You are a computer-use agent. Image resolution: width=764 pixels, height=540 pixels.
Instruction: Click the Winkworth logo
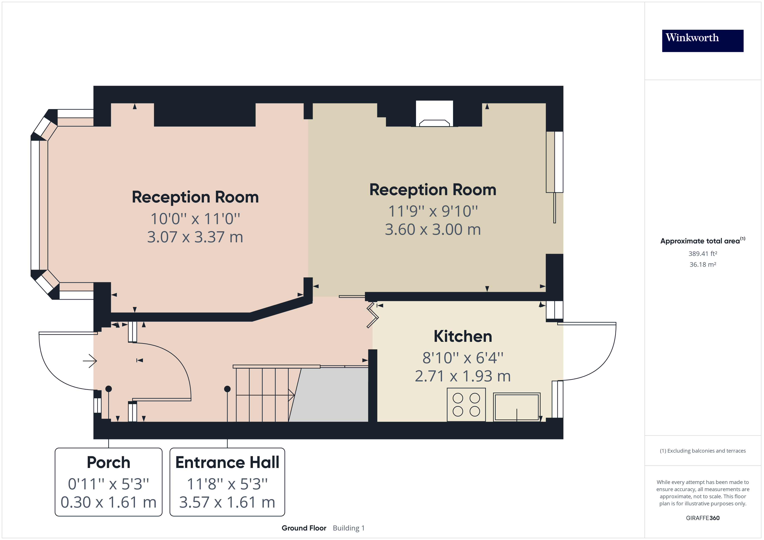pyautogui.click(x=702, y=41)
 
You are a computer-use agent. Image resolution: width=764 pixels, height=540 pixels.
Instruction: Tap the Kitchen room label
pyautogui.click(x=463, y=336)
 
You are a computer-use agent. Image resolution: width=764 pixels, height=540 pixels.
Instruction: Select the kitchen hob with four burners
pyautogui.click(x=466, y=405)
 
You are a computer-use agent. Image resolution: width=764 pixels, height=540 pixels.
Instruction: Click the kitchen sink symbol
pyautogui.click(x=516, y=407)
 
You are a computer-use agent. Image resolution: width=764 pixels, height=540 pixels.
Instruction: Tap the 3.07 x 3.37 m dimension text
pyautogui.click(x=195, y=237)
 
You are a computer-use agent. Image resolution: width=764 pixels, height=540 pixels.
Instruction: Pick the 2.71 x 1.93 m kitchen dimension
pyautogui.click(x=463, y=376)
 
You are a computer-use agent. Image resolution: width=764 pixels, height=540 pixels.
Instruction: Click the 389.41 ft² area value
pyautogui.click(x=702, y=254)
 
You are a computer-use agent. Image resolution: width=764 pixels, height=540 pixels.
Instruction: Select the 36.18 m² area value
pyautogui.click(x=702, y=265)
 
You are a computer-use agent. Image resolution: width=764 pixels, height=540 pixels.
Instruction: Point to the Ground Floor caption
pyautogui.click(x=304, y=528)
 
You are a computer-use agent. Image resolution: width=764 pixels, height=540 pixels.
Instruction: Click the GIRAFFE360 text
pyautogui.click(x=702, y=518)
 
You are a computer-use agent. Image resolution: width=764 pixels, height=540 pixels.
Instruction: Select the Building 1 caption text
pyautogui.click(x=349, y=528)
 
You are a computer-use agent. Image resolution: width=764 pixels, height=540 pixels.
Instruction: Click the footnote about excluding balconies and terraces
pyautogui.click(x=702, y=451)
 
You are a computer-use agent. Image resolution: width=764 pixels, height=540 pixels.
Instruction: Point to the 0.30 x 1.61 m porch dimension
pyautogui.click(x=108, y=502)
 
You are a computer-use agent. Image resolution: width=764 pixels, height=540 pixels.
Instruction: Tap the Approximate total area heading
pyautogui.click(x=702, y=241)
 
